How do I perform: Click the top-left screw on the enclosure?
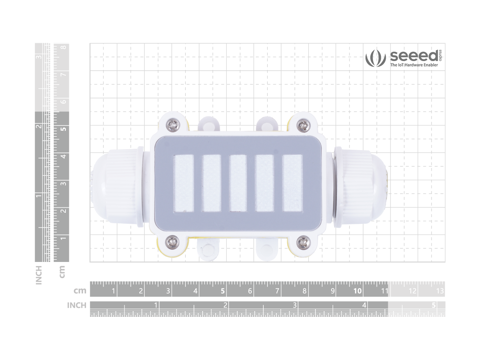173,125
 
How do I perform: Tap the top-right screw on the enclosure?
303,125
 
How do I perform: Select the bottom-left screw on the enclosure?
172,242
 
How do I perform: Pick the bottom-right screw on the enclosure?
303,242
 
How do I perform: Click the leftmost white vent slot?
184,183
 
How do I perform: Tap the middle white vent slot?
238,183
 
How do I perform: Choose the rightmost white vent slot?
292,183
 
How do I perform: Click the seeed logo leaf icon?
375,58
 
